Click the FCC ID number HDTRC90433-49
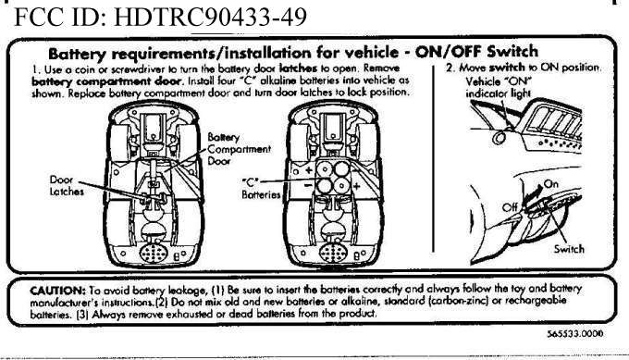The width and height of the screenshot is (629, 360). pyautogui.click(x=211, y=17)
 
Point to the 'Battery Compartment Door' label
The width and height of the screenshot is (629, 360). pyautogui.click(x=239, y=149)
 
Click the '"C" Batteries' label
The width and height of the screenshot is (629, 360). pyautogui.click(x=261, y=189)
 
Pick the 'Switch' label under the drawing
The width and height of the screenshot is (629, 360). pyautogui.click(x=569, y=249)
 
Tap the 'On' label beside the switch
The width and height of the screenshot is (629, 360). pyautogui.click(x=550, y=184)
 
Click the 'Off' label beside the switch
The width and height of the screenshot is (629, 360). pyautogui.click(x=510, y=207)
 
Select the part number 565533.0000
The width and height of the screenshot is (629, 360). pyautogui.click(x=574, y=334)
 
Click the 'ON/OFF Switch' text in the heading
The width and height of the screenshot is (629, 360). pyautogui.click(x=476, y=52)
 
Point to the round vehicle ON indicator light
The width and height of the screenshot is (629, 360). pyautogui.click(x=499, y=138)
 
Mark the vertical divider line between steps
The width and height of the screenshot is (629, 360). pyautogui.click(x=434, y=159)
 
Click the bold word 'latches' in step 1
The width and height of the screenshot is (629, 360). pyautogui.click(x=298, y=68)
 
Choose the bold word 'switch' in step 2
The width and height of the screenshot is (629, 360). pyautogui.click(x=507, y=67)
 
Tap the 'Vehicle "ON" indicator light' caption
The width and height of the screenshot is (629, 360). pyautogui.click(x=499, y=87)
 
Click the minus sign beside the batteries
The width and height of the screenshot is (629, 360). pyautogui.click(x=308, y=185)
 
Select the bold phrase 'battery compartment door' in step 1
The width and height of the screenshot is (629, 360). pyautogui.click(x=107, y=81)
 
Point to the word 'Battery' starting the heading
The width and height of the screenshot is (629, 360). pyautogui.click(x=77, y=54)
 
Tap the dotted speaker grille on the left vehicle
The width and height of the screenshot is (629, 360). pyautogui.click(x=154, y=254)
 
